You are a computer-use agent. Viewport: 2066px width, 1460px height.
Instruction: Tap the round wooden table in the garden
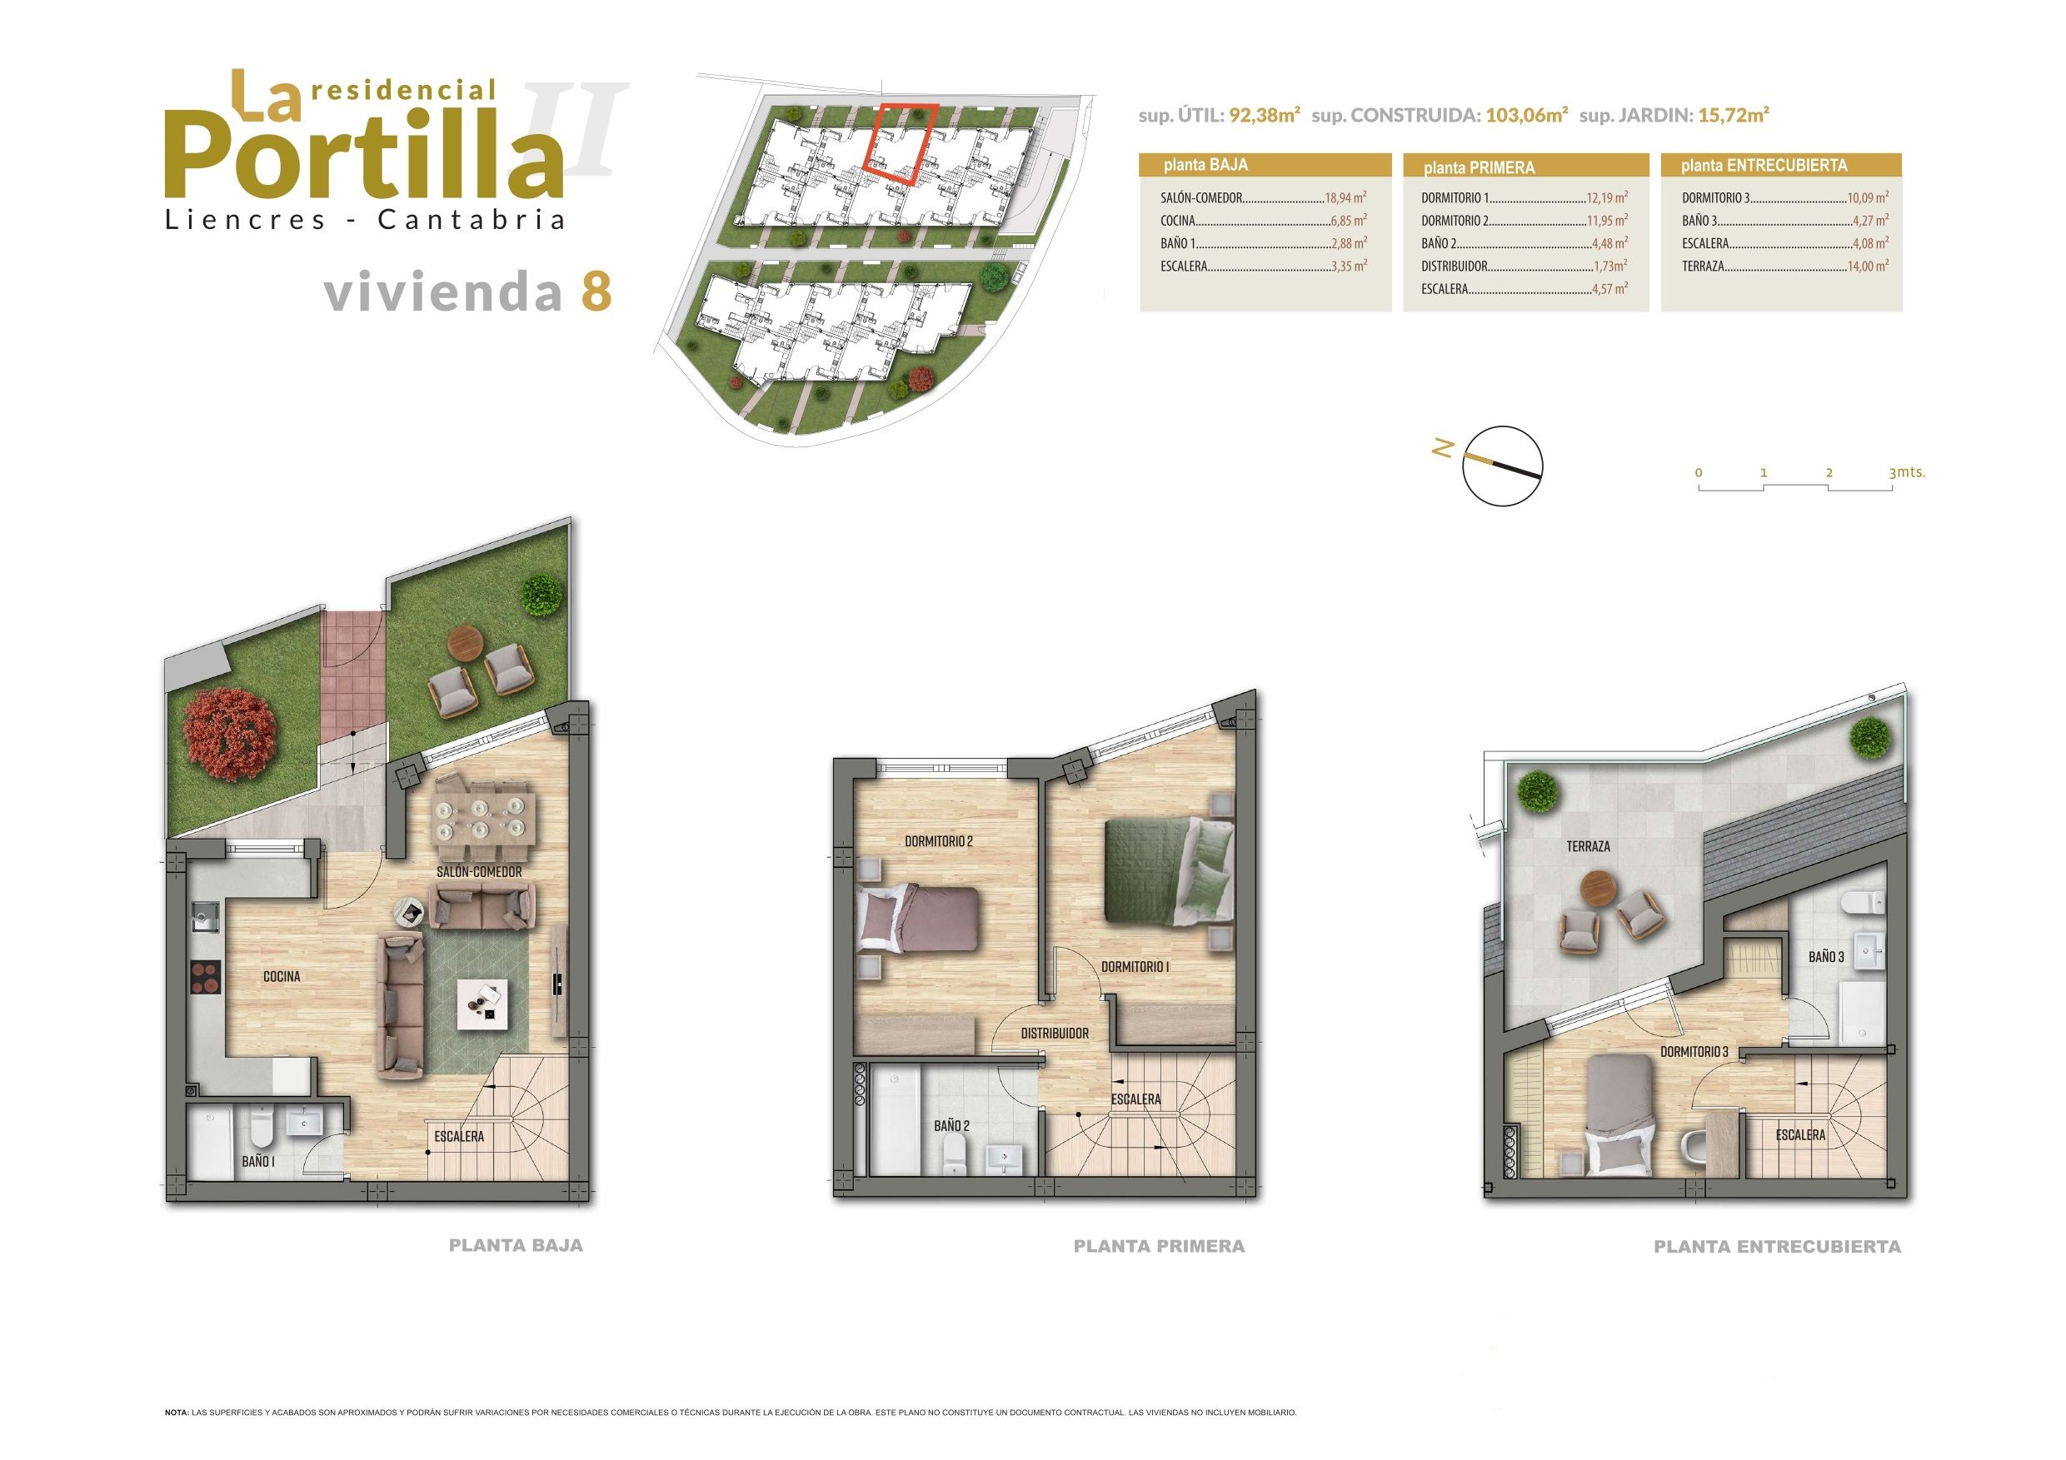(467, 642)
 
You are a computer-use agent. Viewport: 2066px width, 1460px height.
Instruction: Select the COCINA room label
(282, 976)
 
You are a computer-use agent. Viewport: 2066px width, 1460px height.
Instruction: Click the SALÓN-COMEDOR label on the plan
(479, 872)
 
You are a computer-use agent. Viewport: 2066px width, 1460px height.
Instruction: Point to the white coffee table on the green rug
(482, 1004)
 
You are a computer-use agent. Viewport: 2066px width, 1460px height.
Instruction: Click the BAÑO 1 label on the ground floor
(258, 1162)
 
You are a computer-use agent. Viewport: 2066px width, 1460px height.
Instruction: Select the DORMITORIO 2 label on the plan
(939, 842)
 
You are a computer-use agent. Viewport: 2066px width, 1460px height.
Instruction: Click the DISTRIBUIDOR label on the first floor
(1055, 1034)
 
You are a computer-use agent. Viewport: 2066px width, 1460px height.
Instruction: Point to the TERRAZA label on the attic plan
(1588, 846)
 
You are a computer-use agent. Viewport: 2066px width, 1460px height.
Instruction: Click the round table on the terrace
(1599, 890)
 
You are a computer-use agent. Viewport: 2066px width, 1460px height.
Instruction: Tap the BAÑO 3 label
(1827, 957)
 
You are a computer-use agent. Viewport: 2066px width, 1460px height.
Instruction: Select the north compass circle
(1503, 463)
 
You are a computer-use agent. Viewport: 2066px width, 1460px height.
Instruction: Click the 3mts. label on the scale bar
(1907, 472)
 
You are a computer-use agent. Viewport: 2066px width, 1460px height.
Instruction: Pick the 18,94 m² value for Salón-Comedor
(1345, 198)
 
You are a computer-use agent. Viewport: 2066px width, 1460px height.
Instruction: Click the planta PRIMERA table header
(1479, 167)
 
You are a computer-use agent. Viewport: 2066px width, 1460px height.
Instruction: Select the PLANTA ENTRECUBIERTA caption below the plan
(1777, 1247)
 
